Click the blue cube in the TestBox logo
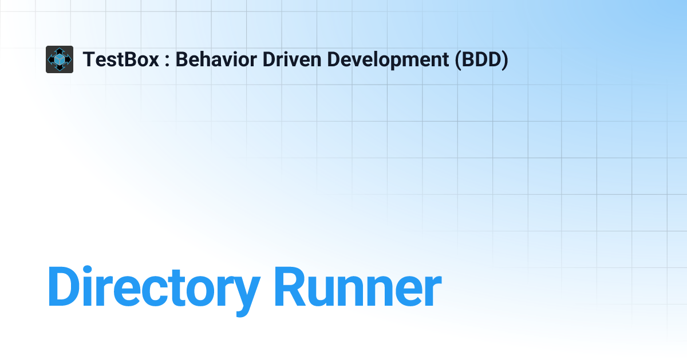60,59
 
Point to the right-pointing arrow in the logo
69,59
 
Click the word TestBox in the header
121,59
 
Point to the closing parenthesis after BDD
504,60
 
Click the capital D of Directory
64,286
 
